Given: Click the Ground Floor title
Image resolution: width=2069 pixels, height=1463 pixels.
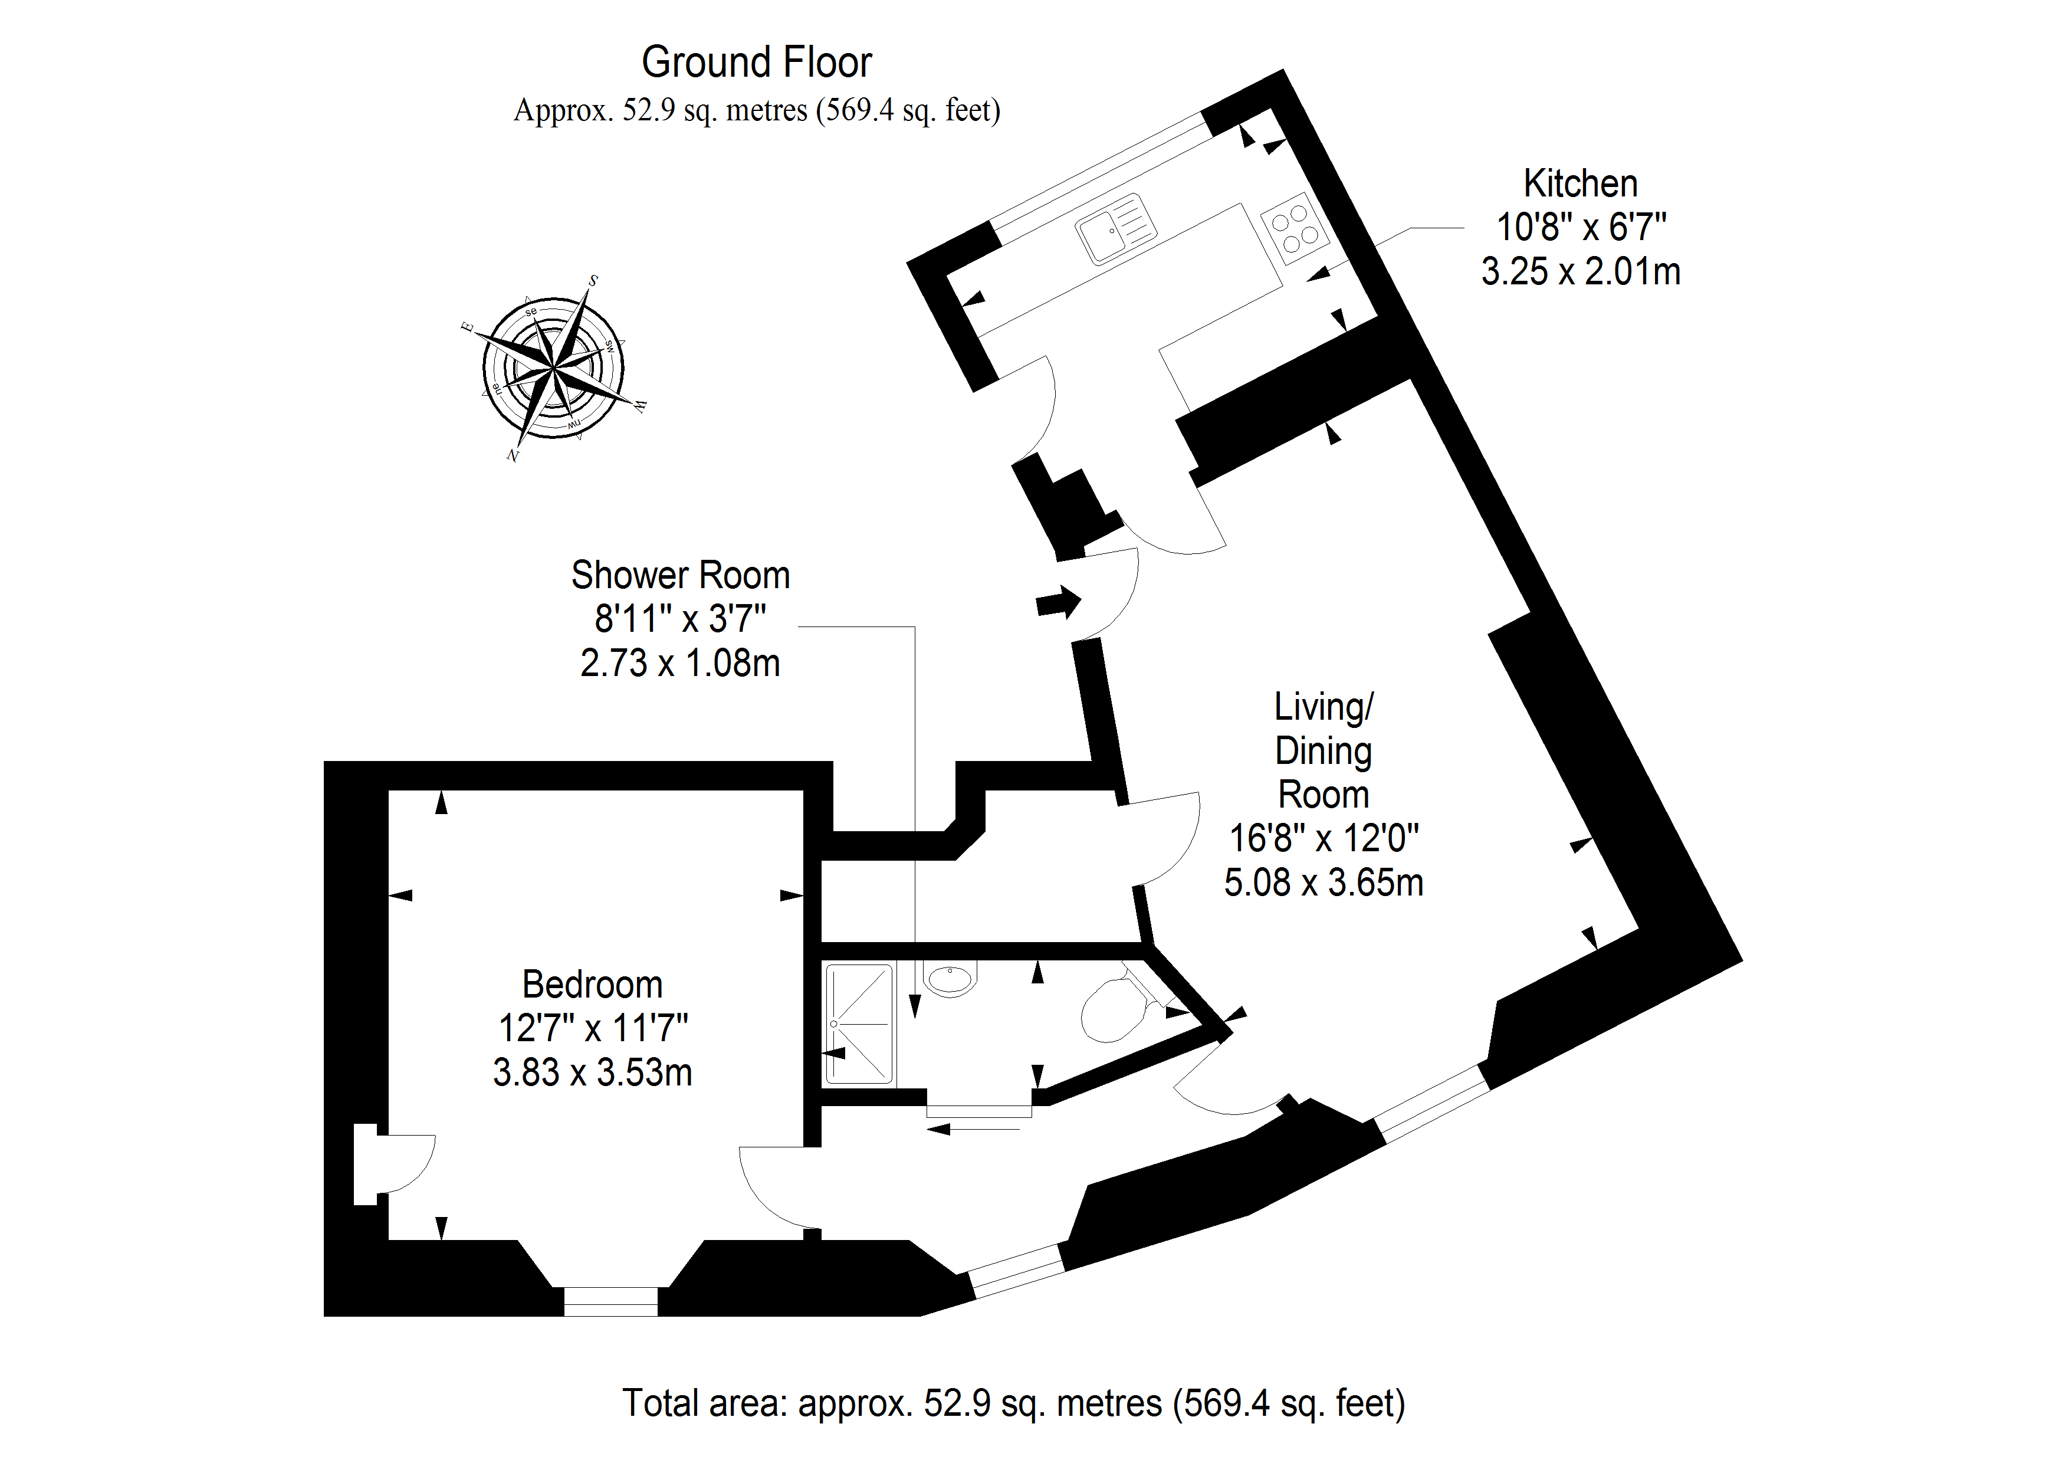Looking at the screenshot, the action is (x=756, y=62).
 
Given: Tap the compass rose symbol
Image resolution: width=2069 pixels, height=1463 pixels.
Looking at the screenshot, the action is (x=553, y=368).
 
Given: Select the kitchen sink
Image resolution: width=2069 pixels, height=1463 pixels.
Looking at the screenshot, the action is (x=1116, y=229).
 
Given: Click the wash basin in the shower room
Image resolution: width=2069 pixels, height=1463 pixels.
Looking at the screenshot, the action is (x=951, y=979).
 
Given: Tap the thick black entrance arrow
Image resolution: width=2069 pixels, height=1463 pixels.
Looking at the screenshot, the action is (x=1058, y=602).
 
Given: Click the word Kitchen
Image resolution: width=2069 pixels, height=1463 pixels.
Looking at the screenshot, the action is (x=1579, y=184).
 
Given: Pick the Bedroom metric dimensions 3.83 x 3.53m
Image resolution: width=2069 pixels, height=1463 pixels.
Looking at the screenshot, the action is (x=592, y=1072).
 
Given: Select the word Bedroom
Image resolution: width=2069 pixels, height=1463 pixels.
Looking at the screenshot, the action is (x=592, y=985).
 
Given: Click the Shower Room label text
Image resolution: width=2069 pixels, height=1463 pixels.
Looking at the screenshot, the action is (x=681, y=575).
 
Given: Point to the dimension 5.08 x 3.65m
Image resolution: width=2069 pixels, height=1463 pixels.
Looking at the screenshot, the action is (x=1323, y=883).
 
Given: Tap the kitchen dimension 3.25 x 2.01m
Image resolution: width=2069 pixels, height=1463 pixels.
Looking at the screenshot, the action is (x=1581, y=271).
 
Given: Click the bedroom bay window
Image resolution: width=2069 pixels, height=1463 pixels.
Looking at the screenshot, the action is (x=611, y=1301).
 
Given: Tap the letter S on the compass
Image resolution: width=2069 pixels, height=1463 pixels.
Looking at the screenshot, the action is (x=593, y=280).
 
